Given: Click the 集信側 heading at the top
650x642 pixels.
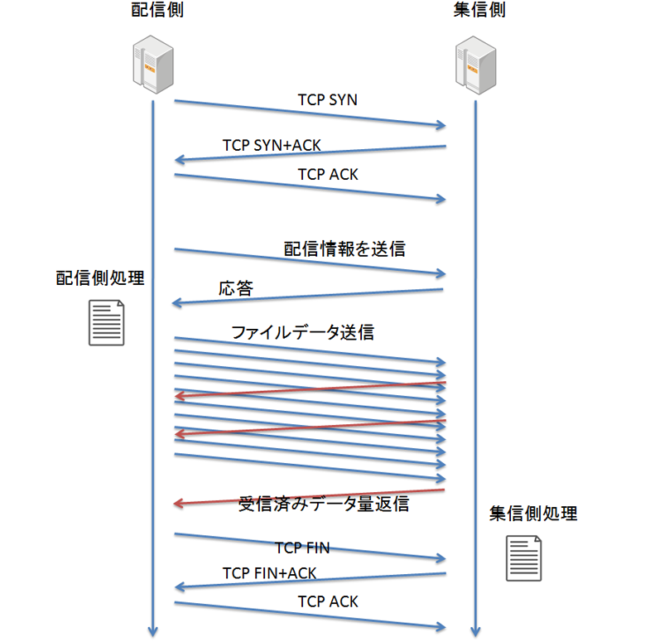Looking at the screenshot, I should click(479, 11).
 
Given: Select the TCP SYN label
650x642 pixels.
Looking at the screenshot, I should click(327, 100).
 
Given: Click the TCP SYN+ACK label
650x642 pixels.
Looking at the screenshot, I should click(272, 146).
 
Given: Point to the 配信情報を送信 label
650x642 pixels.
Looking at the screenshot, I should click(344, 249).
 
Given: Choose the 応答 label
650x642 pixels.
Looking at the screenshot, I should click(236, 289).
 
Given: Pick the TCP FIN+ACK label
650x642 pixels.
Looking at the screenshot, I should click(269, 573).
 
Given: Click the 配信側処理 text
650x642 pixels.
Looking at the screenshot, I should click(100, 278).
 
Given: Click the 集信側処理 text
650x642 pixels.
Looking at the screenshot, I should click(532, 514).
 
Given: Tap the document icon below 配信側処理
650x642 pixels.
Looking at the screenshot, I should click(107, 322).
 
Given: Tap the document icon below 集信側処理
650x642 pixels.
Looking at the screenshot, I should click(525, 558).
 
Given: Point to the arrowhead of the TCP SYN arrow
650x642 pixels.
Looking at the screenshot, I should click(442, 126).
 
